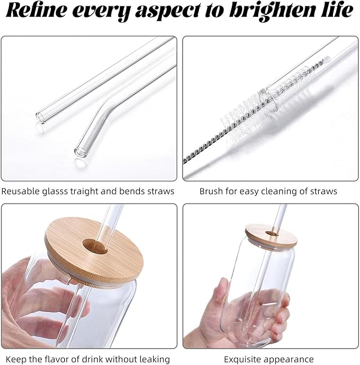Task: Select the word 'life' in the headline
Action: (x=337, y=10)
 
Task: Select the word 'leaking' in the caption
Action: (x=155, y=359)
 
